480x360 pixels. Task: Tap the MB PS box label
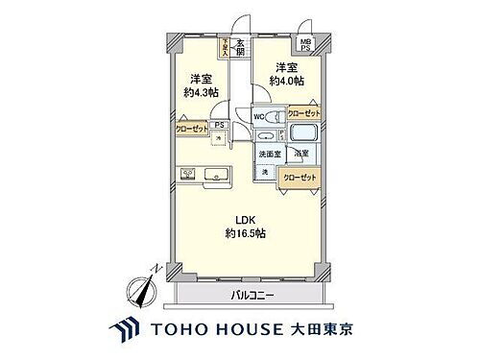(307, 46)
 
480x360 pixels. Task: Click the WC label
(259, 117)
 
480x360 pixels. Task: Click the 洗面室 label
(269, 154)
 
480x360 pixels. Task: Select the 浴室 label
(301, 154)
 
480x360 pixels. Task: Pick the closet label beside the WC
(304, 112)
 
